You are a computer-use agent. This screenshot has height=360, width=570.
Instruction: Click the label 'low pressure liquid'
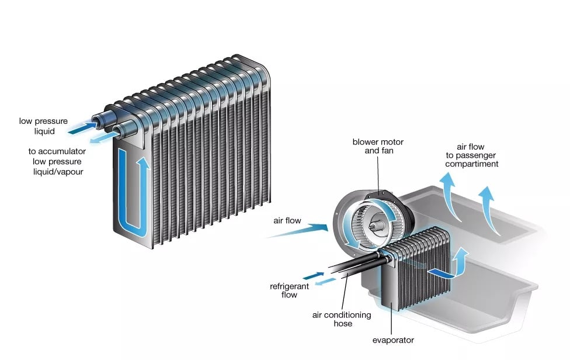pyautogui.click(x=43, y=126)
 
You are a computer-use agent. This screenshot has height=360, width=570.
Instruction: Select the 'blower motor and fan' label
pyautogui.click(x=377, y=147)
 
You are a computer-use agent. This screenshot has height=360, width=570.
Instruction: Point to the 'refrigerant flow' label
pyautogui.click(x=284, y=290)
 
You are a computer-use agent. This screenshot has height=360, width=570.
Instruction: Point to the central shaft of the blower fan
pyautogui.click(x=374, y=223)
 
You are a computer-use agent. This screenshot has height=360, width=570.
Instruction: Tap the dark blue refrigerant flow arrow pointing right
pyautogui.click(x=312, y=273)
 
